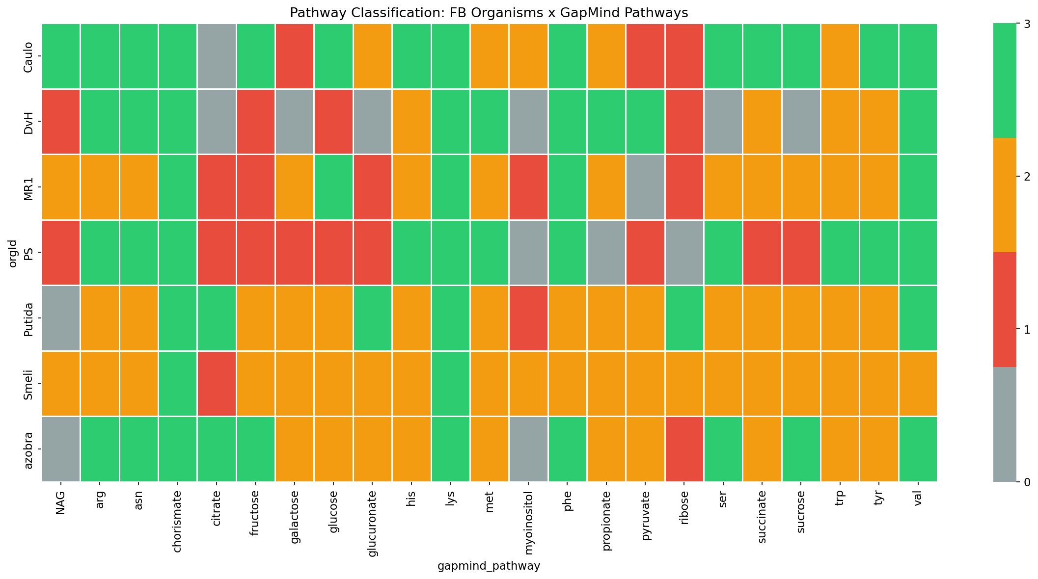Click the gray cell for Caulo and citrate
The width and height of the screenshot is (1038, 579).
coord(217,56)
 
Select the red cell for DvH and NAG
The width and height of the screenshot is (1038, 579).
coord(61,121)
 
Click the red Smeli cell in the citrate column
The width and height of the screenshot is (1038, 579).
coord(217,383)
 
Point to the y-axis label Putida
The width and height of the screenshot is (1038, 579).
coord(28,318)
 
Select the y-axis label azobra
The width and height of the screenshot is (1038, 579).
coord(28,449)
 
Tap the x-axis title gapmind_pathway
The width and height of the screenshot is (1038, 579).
coord(489,566)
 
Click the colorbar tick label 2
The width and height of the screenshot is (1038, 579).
coord(1025,176)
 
